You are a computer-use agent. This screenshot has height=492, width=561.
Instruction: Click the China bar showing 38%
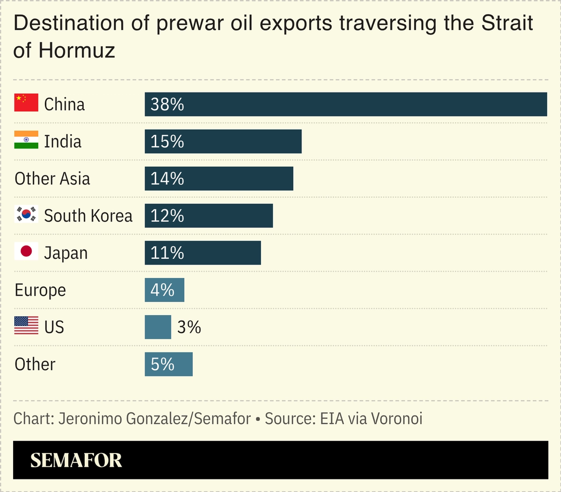click(346, 104)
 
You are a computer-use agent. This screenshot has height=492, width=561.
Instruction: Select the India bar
click(223, 141)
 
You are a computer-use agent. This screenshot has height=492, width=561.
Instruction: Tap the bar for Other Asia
click(219, 179)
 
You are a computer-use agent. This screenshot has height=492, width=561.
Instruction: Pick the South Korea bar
click(208, 216)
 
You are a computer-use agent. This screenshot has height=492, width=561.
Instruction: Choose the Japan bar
click(203, 253)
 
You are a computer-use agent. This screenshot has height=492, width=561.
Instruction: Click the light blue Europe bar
click(165, 290)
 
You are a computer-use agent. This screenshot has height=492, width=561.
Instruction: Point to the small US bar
click(158, 327)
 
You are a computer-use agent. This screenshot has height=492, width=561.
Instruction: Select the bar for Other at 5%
click(168, 364)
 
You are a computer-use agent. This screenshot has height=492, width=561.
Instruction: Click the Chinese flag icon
click(26, 103)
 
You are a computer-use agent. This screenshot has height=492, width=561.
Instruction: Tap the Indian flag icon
click(26, 140)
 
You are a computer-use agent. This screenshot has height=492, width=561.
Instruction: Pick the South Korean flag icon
click(26, 214)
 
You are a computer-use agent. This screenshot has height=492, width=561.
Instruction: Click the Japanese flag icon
click(26, 251)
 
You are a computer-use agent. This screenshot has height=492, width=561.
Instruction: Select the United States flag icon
click(26, 326)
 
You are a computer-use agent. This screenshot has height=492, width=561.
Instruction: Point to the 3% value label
click(189, 327)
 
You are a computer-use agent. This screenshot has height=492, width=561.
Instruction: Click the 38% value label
click(167, 104)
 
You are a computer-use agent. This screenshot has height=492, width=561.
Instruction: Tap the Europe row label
click(40, 290)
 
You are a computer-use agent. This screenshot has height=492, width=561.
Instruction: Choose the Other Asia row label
click(52, 179)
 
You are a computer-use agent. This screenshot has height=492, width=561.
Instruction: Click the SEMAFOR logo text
click(76, 460)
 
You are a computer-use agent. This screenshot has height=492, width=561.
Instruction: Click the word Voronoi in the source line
click(396, 418)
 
